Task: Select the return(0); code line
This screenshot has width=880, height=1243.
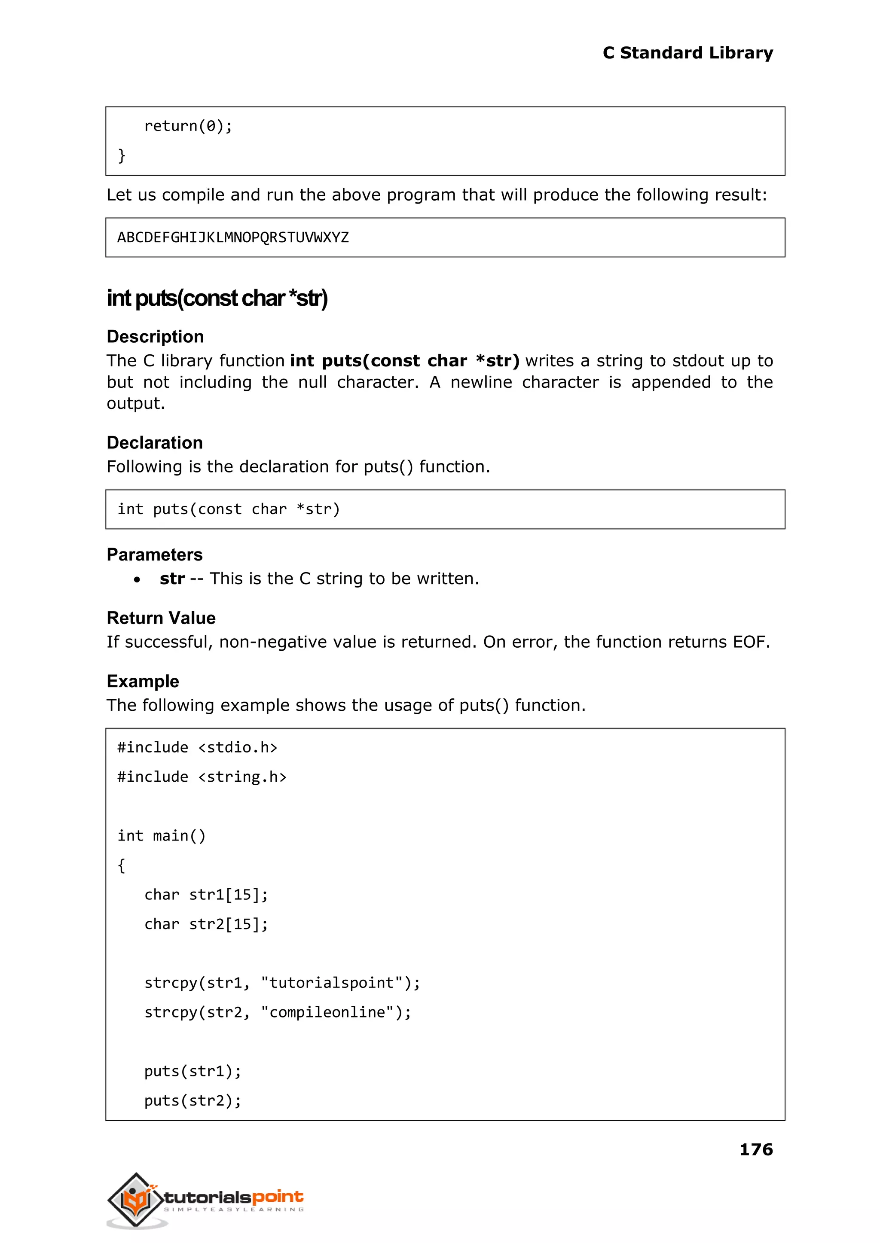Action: point(188,126)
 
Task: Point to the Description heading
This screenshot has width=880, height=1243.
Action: point(155,336)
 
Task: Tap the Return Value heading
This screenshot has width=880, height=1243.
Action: point(161,618)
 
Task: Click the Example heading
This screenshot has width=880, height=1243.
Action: point(143,681)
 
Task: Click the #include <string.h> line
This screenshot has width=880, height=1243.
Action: point(202,777)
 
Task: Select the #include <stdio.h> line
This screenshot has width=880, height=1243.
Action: point(197,747)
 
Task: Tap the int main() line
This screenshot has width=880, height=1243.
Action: point(162,836)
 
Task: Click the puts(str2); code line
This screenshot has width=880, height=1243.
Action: point(192,1100)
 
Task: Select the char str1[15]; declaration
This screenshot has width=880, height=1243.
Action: point(206,895)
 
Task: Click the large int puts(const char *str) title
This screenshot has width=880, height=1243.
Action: point(217,299)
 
